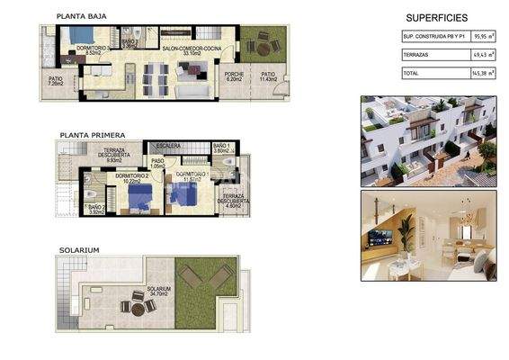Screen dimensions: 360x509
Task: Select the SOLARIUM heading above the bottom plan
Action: (79, 249)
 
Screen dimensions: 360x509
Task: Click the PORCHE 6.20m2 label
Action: (235, 77)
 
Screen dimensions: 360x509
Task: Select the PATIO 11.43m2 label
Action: (268, 77)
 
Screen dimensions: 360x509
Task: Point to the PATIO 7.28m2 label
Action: (56, 82)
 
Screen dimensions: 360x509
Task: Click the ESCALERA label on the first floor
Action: (168, 144)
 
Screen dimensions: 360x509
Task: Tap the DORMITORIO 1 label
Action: (192, 175)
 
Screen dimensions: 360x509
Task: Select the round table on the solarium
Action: (138, 308)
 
